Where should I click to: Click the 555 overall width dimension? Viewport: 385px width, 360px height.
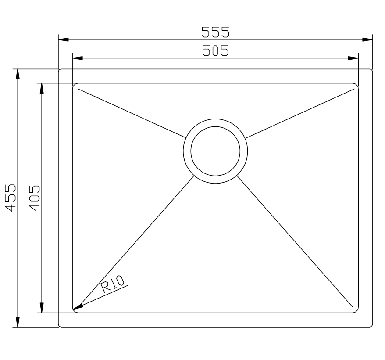(215, 32)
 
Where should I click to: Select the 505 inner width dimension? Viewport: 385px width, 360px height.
(215, 51)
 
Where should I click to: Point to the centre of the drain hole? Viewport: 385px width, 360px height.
(215, 151)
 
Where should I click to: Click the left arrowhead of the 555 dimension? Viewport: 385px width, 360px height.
(64, 40)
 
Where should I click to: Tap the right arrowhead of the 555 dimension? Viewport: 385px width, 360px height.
(367, 40)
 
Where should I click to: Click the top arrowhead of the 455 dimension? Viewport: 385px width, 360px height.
(18, 74)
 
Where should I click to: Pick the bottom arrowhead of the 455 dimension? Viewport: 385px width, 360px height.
(18, 322)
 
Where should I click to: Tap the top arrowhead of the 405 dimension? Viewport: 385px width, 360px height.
(42, 88)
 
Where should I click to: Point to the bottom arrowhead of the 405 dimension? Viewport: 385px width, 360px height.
(42, 308)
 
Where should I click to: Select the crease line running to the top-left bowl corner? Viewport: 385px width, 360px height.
(132, 112)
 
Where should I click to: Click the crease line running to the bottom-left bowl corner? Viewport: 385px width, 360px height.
(136, 241)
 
